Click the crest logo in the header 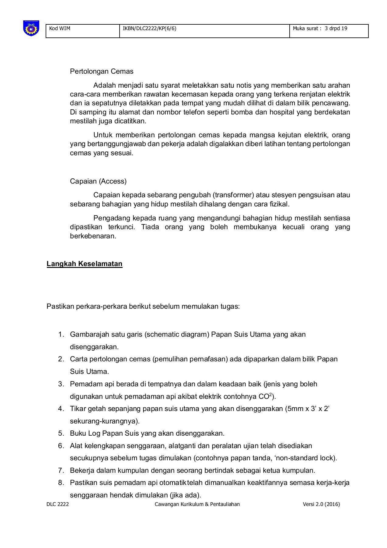pyautogui.click(x=31, y=28)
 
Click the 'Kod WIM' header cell pyautogui.click(x=60, y=29)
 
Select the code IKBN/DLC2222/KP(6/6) pyautogui.click(x=149, y=29)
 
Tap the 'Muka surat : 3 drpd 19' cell pyautogui.click(x=320, y=29)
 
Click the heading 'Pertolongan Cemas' pyautogui.click(x=102, y=71)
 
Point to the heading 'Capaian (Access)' pyautogui.click(x=98, y=181)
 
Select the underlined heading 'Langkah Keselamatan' pyautogui.click(x=85, y=264)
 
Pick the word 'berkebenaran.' pyautogui.click(x=93, y=236)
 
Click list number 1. pyautogui.click(x=61, y=334)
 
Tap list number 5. pyautogui.click(x=61, y=433)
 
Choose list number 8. pyautogui.click(x=61, y=483)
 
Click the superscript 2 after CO pyautogui.click(x=270, y=394)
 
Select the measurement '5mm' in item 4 pyautogui.click(x=295, y=409)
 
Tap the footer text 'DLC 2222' pyautogui.click(x=58, y=504)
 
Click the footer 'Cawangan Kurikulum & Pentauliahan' pyautogui.click(x=197, y=504)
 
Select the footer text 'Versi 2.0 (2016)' pyautogui.click(x=321, y=504)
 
